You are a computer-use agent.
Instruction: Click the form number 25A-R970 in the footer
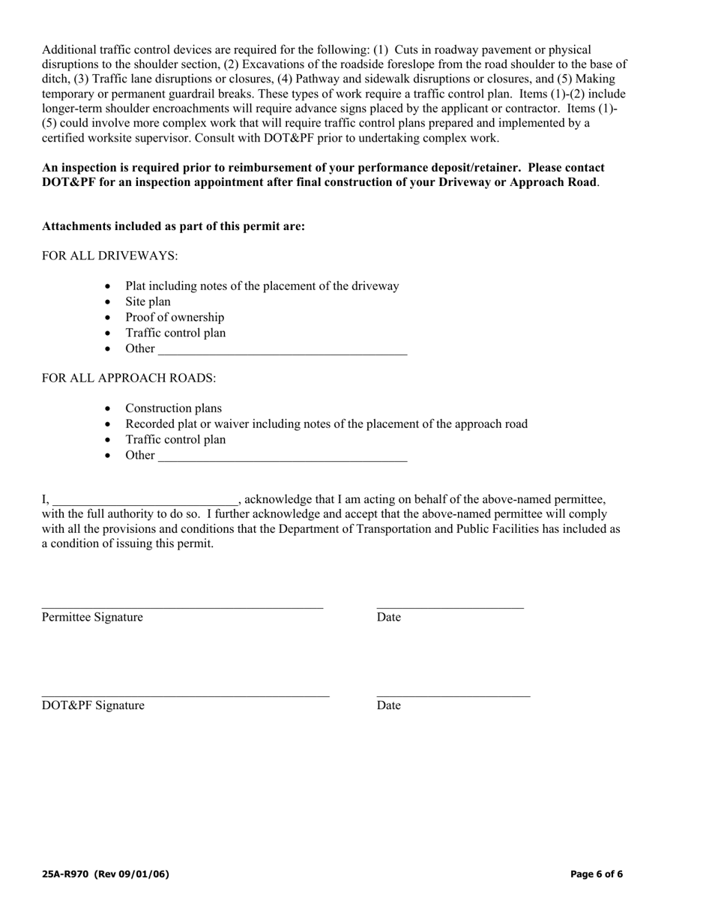coord(66,874)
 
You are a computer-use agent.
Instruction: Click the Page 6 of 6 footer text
coord(596,874)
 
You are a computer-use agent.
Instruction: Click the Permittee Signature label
coord(92,617)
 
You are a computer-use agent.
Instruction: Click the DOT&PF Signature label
coord(93,705)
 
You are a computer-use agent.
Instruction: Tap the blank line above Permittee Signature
coord(182,606)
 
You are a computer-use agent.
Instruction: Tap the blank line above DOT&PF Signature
coord(185,694)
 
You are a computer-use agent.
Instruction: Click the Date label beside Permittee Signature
coord(388,617)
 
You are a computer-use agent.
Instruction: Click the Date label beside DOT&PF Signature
coord(388,705)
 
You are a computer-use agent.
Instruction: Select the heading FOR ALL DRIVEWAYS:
coord(109,256)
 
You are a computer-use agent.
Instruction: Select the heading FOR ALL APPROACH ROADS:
coord(129,378)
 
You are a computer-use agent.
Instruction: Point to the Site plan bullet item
coord(148,301)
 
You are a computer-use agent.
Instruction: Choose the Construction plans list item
coord(173,409)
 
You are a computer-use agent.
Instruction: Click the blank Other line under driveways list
coord(283,351)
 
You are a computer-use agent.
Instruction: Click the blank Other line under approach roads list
coord(283,457)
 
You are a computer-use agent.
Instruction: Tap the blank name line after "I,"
coord(145,501)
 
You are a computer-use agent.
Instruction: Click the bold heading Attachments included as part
coord(173,226)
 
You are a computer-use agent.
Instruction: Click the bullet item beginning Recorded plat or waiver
coord(326,424)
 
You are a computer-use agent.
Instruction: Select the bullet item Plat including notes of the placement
coord(262,286)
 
